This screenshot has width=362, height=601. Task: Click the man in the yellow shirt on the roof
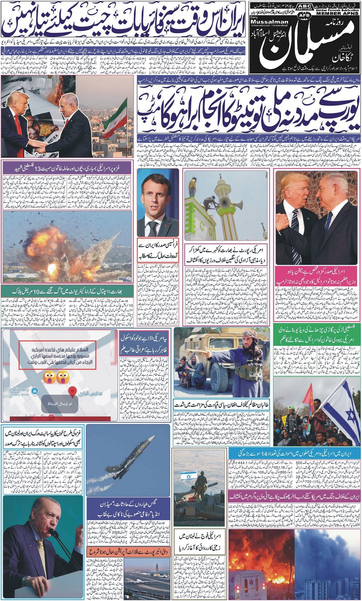(x=192, y=185)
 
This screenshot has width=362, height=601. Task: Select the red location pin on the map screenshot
(x=73, y=391)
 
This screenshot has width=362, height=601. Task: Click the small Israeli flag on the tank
(x=188, y=476)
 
